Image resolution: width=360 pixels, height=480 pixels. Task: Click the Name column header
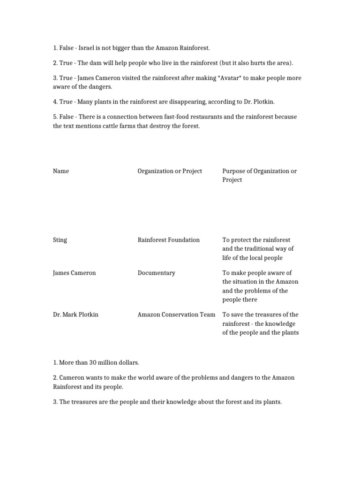tap(61, 171)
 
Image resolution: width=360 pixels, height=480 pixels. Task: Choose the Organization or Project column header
tap(170, 171)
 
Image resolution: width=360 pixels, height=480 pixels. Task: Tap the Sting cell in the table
tap(60, 240)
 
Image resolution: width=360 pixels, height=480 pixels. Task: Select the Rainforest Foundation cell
tap(168, 240)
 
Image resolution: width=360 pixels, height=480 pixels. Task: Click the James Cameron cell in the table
tap(75, 273)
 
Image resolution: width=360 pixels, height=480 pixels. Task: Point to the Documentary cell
tap(156, 273)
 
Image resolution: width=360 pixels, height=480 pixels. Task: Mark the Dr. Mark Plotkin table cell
tap(75, 315)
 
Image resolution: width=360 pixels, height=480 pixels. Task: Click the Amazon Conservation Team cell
tap(176, 315)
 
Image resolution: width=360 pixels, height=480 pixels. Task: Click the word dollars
tap(127, 362)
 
